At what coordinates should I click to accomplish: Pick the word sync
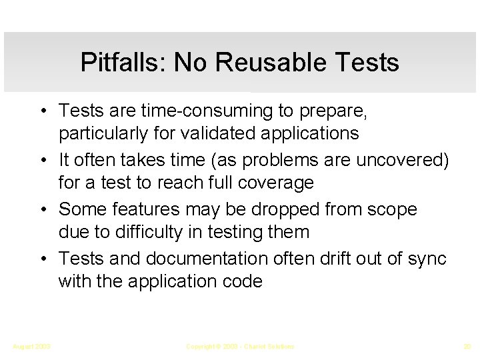(x=427, y=258)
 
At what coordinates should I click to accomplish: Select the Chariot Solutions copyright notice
(x=240, y=347)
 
